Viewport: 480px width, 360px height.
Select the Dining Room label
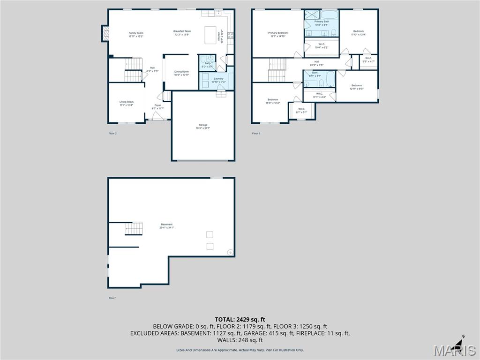(x=181, y=73)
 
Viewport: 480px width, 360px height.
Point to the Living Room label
(x=126, y=103)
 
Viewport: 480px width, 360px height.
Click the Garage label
(x=203, y=126)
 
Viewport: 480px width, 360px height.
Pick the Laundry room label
(x=218, y=80)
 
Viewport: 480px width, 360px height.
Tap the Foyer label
(x=157, y=107)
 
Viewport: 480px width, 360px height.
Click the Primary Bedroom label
(x=278, y=35)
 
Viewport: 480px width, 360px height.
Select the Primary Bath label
(x=322, y=23)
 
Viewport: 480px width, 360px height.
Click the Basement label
(x=167, y=226)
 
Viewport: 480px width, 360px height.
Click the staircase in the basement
(x=134, y=229)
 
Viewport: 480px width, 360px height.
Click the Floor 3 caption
(x=256, y=134)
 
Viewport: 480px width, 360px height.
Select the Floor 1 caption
(x=112, y=298)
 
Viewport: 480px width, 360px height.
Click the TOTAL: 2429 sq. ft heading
(x=240, y=319)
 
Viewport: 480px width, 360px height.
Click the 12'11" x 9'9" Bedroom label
(x=356, y=87)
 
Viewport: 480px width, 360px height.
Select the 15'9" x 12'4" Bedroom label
(x=273, y=101)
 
